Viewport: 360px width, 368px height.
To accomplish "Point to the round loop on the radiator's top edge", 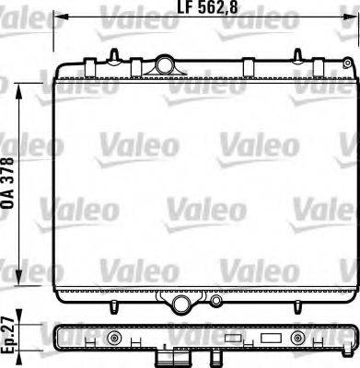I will pyautogui.click(x=165, y=64).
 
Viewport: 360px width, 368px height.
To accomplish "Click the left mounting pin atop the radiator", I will pyautogui.click(x=112, y=56).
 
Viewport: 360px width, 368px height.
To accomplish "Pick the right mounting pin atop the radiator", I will pyautogui.click(x=250, y=58).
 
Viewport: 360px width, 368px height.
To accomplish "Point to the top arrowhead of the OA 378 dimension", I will pyautogui.click(x=24, y=84).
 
